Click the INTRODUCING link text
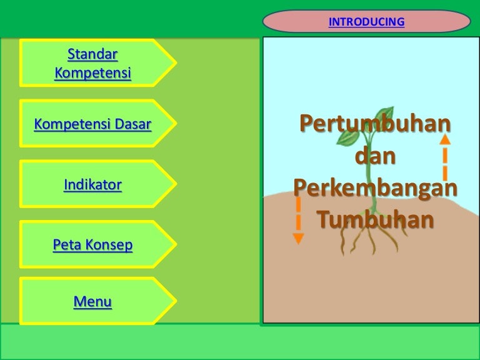tap(366, 22)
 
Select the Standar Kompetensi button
tap(93, 63)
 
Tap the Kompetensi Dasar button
tap(93, 124)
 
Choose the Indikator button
tap(93, 184)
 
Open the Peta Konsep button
tap(93, 245)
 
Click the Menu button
tap(93, 302)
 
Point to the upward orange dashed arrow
tap(445, 157)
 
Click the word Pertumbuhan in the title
tap(374, 124)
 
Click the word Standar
tap(92, 54)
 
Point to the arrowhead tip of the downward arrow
tap(299, 241)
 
